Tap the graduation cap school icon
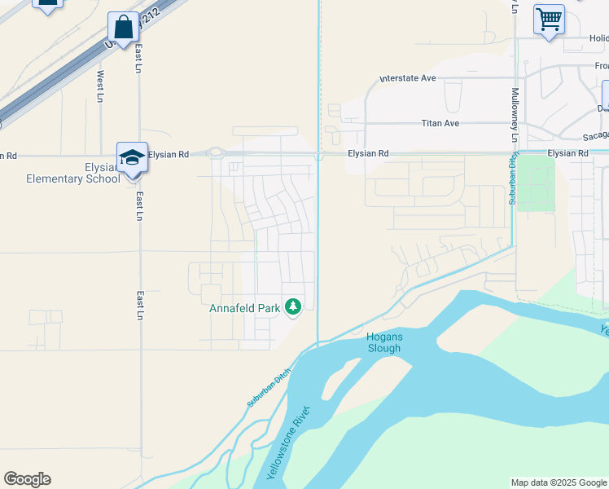click(x=132, y=156)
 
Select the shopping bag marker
click(x=123, y=29)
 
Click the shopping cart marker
click(x=549, y=19)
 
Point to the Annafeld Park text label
click(x=245, y=308)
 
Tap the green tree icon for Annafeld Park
click(x=293, y=307)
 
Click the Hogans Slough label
click(x=383, y=342)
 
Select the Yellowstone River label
click(x=287, y=442)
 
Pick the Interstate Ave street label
click(x=408, y=78)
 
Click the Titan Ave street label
click(x=440, y=123)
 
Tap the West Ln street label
click(x=100, y=86)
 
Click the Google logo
click(x=27, y=479)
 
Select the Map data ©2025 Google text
click(x=559, y=482)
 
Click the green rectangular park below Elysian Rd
click(x=536, y=183)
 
